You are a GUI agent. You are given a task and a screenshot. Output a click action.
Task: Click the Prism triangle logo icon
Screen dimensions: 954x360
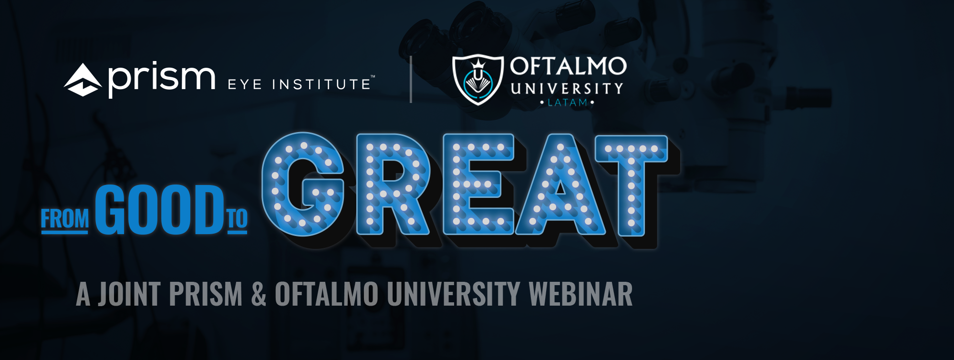83,80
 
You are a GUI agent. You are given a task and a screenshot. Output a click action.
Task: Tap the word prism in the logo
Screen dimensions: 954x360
162,79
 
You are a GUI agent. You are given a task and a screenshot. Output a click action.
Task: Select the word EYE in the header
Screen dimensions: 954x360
245,85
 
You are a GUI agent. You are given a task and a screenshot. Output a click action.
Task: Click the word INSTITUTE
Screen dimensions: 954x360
321,85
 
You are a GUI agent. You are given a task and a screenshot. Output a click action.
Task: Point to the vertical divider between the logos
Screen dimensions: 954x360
411,79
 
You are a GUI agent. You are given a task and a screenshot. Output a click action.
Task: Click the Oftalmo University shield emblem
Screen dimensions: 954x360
478,80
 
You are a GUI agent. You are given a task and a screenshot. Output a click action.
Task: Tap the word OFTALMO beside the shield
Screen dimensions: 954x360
568,66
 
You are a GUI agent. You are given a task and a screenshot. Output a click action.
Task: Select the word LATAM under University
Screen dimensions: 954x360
568,103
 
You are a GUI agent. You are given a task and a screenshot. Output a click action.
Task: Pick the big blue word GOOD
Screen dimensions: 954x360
159,210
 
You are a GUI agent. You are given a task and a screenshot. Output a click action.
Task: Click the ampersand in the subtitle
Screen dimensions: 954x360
259,294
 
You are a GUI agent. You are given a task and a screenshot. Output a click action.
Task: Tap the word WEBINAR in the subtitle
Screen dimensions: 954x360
581,294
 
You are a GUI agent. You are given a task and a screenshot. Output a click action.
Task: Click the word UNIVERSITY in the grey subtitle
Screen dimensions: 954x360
454,294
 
